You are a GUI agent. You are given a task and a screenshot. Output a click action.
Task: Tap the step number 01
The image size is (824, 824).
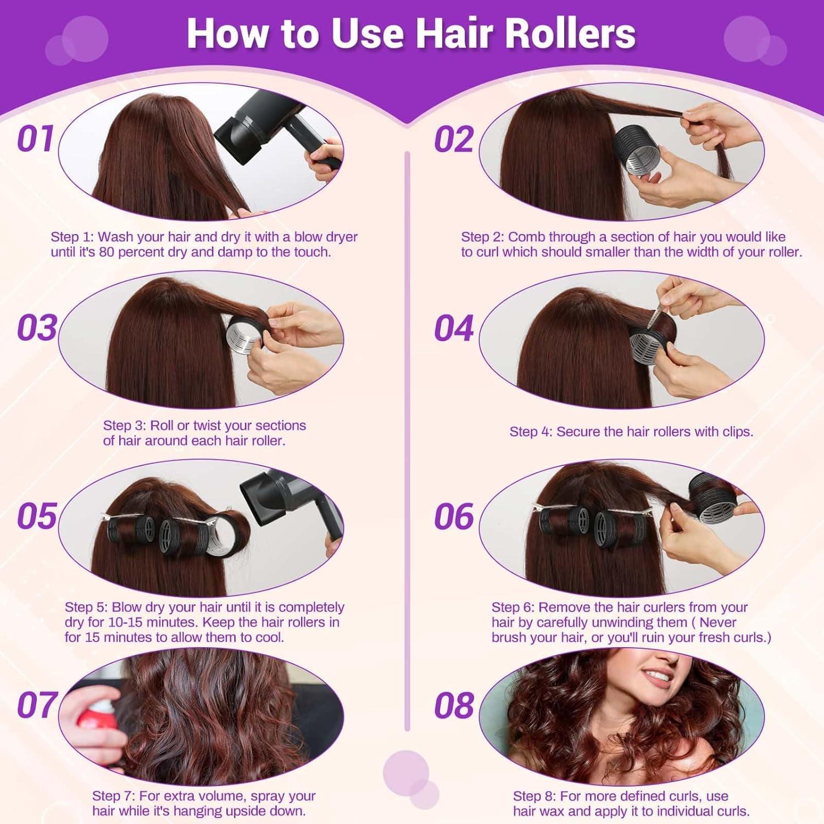(x=36, y=138)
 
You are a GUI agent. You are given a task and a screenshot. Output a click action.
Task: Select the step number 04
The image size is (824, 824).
(x=454, y=329)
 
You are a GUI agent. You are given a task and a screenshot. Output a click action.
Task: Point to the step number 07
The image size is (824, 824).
(x=37, y=705)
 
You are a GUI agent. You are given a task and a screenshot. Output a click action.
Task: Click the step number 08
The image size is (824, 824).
(x=454, y=706)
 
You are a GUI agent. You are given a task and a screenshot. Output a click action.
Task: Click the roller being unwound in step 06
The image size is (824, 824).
(x=714, y=497)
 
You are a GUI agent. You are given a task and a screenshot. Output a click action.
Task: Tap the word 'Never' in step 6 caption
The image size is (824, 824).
(x=717, y=622)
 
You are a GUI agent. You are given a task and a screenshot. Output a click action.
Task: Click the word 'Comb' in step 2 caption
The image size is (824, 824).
(x=524, y=237)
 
